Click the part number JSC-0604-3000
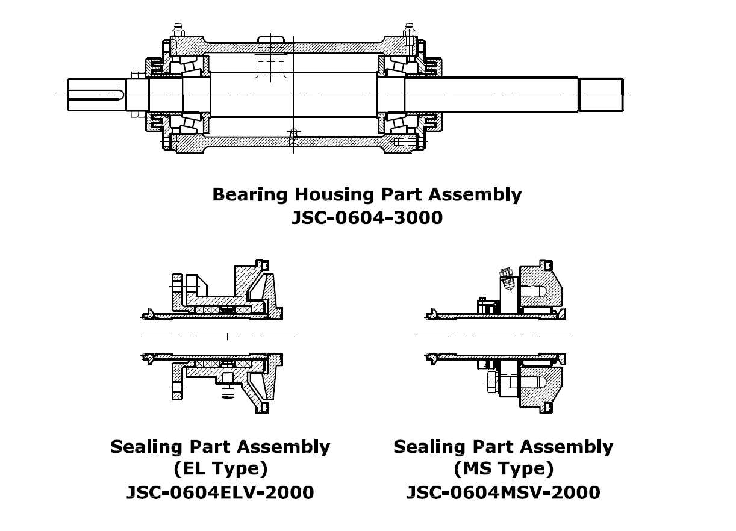point(367,217)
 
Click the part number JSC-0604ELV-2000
point(220,492)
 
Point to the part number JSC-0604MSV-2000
point(503,492)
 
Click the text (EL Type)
point(220,468)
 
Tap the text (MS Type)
point(503,468)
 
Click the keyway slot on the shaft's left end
point(96,95)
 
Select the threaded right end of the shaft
point(600,95)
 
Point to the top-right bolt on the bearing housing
point(409,30)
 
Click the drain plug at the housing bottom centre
point(293,136)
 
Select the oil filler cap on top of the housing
point(270,45)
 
